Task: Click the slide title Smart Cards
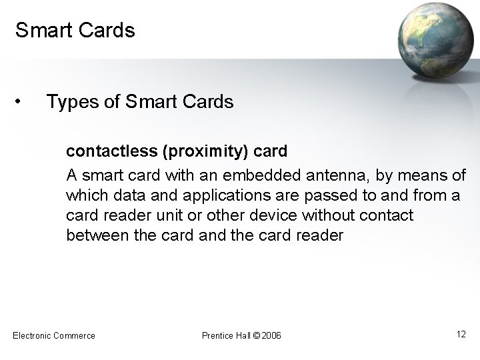click(75, 31)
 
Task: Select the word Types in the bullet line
click(70, 102)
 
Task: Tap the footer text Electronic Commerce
click(54, 335)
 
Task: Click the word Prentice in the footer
click(217, 335)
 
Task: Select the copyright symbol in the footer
click(257, 335)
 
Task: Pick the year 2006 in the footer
click(272, 335)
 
